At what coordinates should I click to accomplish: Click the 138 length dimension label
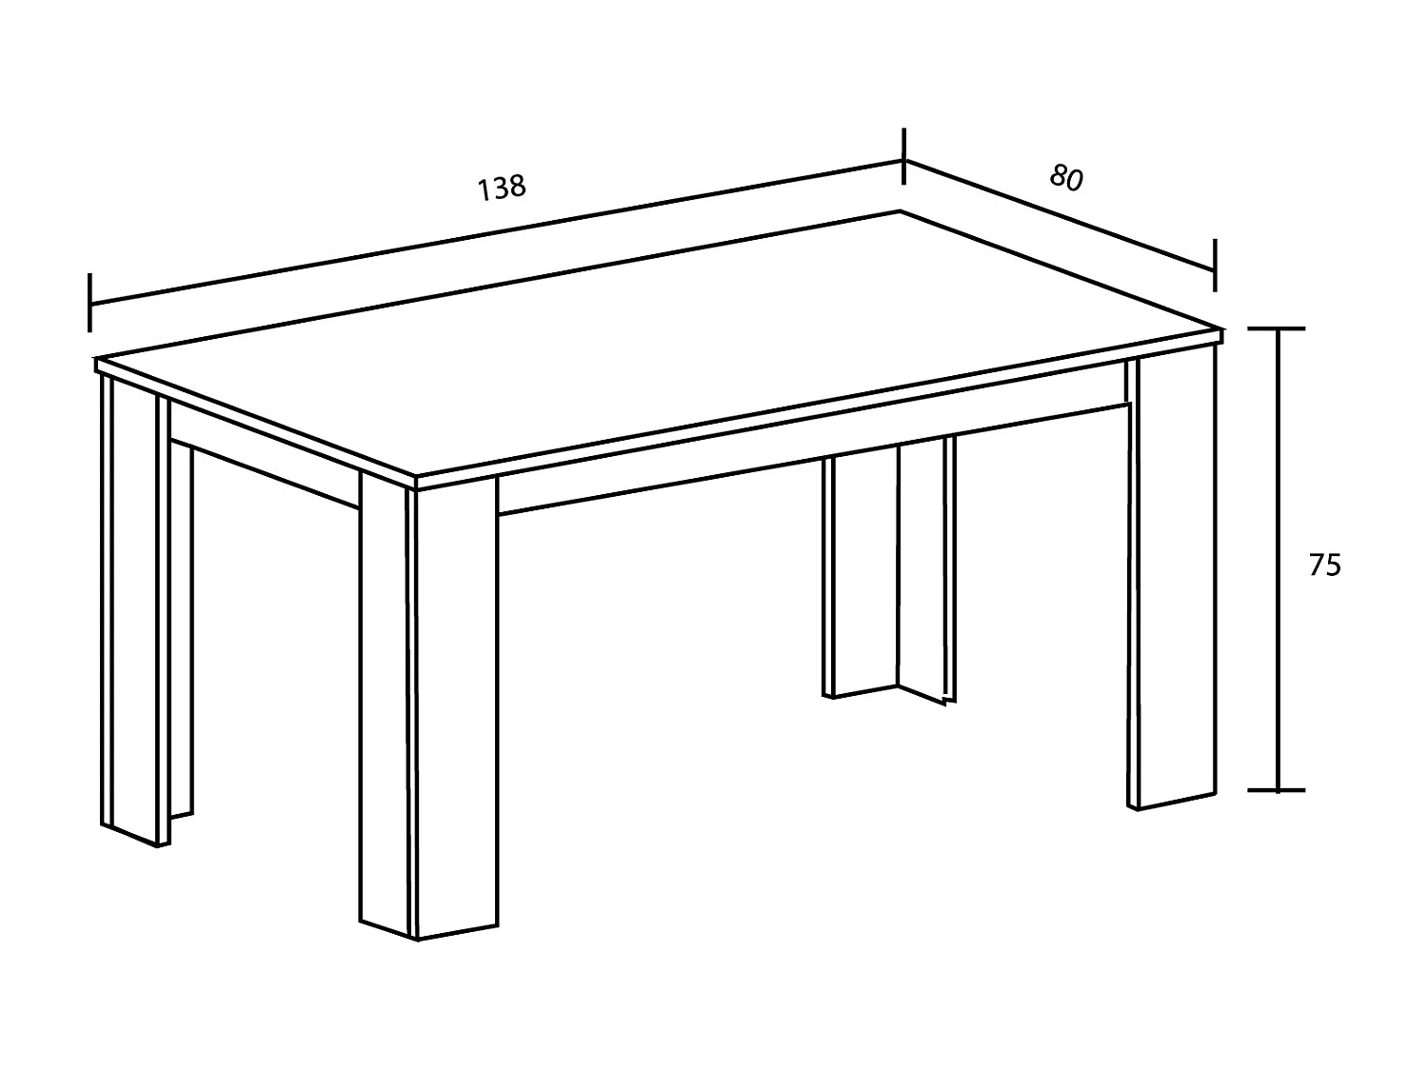click(501, 188)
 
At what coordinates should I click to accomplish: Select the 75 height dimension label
click(1324, 565)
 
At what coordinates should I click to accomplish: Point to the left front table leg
click(134, 611)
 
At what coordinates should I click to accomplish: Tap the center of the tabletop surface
click(657, 345)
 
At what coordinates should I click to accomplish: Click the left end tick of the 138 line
click(89, 303)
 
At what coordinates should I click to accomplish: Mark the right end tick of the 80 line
click(1215, 266)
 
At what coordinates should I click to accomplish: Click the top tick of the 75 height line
click(1277, 329)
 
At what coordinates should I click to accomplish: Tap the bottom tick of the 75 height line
click(1277, 790)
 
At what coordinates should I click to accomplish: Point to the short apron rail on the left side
click(264, 453)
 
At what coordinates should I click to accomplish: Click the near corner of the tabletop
click(416, 477)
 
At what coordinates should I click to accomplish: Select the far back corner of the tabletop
click(901, 210)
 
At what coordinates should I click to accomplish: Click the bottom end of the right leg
click(1171, 802)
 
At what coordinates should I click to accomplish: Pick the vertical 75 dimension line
click(1278, 560)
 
